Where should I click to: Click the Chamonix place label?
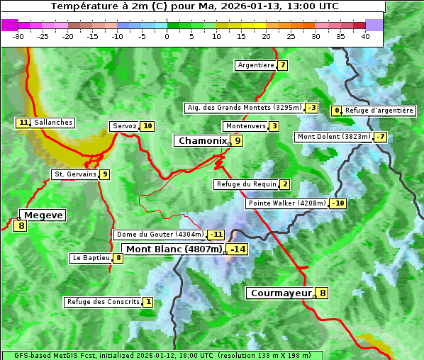202,141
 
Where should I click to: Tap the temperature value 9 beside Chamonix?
238,141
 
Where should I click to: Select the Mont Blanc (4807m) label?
174,249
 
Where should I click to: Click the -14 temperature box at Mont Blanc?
238,249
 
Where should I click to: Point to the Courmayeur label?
281,293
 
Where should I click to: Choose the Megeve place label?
44,215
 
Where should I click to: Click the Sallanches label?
53,123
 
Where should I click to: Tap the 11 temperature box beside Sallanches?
23,123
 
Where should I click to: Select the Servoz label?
124,126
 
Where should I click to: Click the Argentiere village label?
256,65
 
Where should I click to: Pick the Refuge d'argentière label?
379,111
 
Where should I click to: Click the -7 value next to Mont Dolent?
381,137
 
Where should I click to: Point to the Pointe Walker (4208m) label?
286,203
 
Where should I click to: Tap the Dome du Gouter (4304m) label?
160,235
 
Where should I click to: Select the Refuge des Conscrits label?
103,302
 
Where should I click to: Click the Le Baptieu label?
91,258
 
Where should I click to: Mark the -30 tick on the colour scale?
18,36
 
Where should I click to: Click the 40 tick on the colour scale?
365,36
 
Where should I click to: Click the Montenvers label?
245,126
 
